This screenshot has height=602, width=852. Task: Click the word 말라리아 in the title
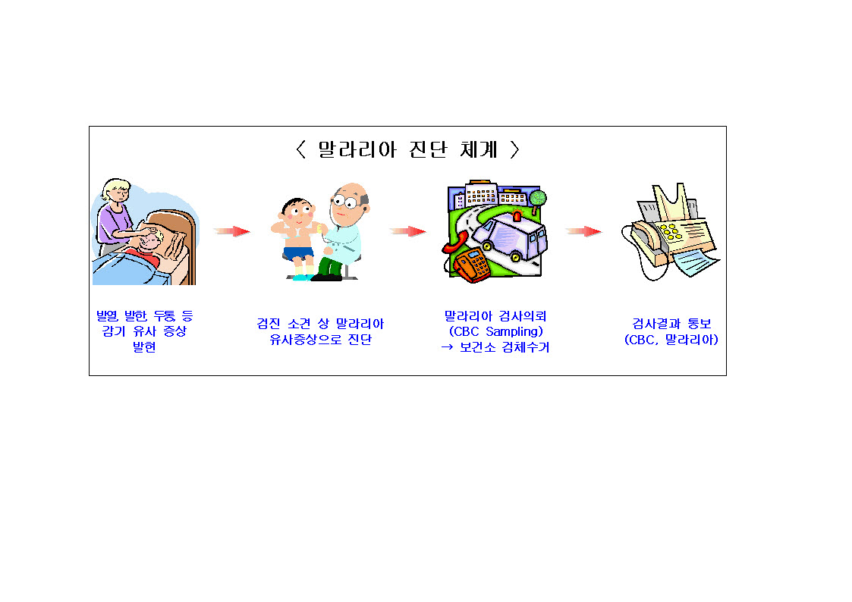point(357,149)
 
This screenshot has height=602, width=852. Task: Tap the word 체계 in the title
point(479,149)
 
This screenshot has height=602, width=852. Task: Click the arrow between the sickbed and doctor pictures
point(232,231)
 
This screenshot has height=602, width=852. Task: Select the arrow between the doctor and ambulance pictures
point(408,231)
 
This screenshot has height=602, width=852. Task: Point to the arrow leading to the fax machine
point(584,231)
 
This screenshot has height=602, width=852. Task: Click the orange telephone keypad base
point(472,265)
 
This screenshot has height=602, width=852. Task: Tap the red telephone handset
point(455,242)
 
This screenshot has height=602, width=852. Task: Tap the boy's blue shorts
point(298,253)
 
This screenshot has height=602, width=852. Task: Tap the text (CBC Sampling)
point(495,331)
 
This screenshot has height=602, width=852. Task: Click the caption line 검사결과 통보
point(671,324)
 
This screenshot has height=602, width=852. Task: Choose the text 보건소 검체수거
point(505,346)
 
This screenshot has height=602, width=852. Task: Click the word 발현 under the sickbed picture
point(144,346)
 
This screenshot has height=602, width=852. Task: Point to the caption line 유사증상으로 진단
point(321,339)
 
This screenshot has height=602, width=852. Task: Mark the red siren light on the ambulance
point(517,215)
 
